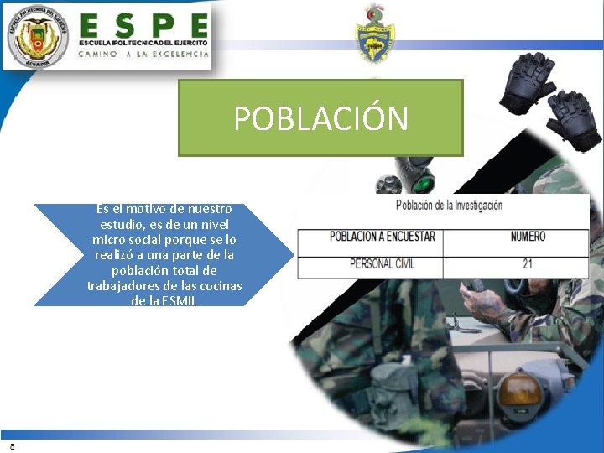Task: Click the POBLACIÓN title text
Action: coord(320,119)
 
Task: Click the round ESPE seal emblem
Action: coord(36,36)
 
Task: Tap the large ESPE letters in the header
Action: coord(143,25)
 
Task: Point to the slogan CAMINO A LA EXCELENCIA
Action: coord(143,54)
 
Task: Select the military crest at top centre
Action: coord(374,34)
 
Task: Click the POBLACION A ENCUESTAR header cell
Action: coord(382,237)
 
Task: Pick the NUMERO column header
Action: coord(528,237)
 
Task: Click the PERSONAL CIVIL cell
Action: coord(382,263)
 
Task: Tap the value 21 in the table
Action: coord(527,263)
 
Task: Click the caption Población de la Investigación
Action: coord(449,205)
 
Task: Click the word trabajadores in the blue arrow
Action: coord(122,286)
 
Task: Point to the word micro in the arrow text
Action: coord(110,240)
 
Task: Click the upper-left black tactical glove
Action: coord(527,77)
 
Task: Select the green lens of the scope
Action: coord(425,183)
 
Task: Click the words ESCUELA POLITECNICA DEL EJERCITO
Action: coord(143,42)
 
